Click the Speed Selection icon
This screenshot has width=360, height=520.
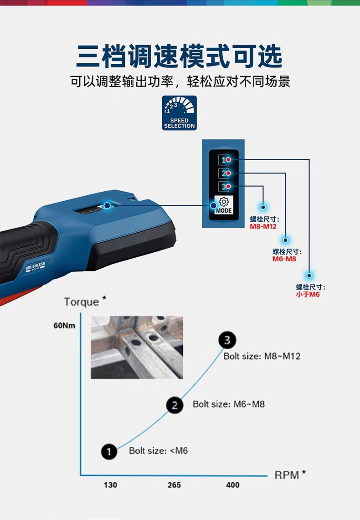[179, 113]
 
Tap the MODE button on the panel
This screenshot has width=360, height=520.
[224, 205]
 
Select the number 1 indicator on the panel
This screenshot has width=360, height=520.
[224, 160]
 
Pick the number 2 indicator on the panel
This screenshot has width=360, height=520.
[224, 173]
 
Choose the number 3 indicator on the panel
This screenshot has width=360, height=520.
[224, 186]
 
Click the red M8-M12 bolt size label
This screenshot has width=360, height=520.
[263, 226]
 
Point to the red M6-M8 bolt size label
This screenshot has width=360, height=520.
[284, 259]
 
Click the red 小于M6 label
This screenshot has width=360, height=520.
[308, 295]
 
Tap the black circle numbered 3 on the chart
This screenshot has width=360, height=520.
[227, 340]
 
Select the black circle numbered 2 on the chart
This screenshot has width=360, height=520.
[175, 405]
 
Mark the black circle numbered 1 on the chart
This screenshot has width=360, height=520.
[109, 451]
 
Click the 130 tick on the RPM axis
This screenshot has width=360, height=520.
[110, 485]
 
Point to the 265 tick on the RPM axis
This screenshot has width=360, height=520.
[174, 485]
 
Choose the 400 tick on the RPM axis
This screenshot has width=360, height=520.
[232, 485]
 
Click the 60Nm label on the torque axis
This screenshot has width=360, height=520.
[64, 326]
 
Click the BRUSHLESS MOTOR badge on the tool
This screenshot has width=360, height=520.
[35, 267]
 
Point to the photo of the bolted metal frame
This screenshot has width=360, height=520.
[137, 347]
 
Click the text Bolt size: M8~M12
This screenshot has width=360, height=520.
[262, 356]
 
